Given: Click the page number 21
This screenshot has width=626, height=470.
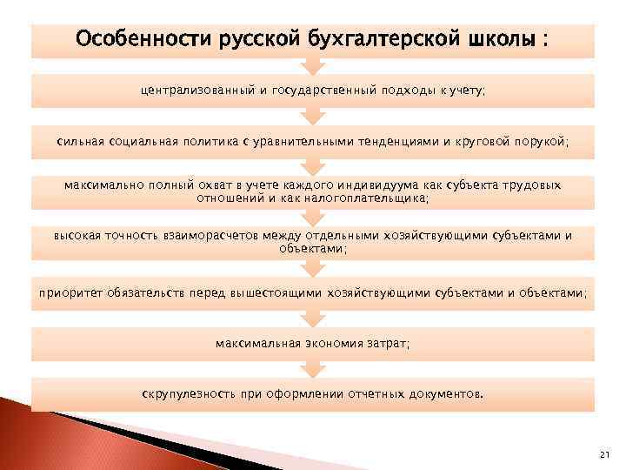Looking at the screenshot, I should coord(605,455).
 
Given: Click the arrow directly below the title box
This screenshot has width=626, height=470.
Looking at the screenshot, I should coord(313,65).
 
